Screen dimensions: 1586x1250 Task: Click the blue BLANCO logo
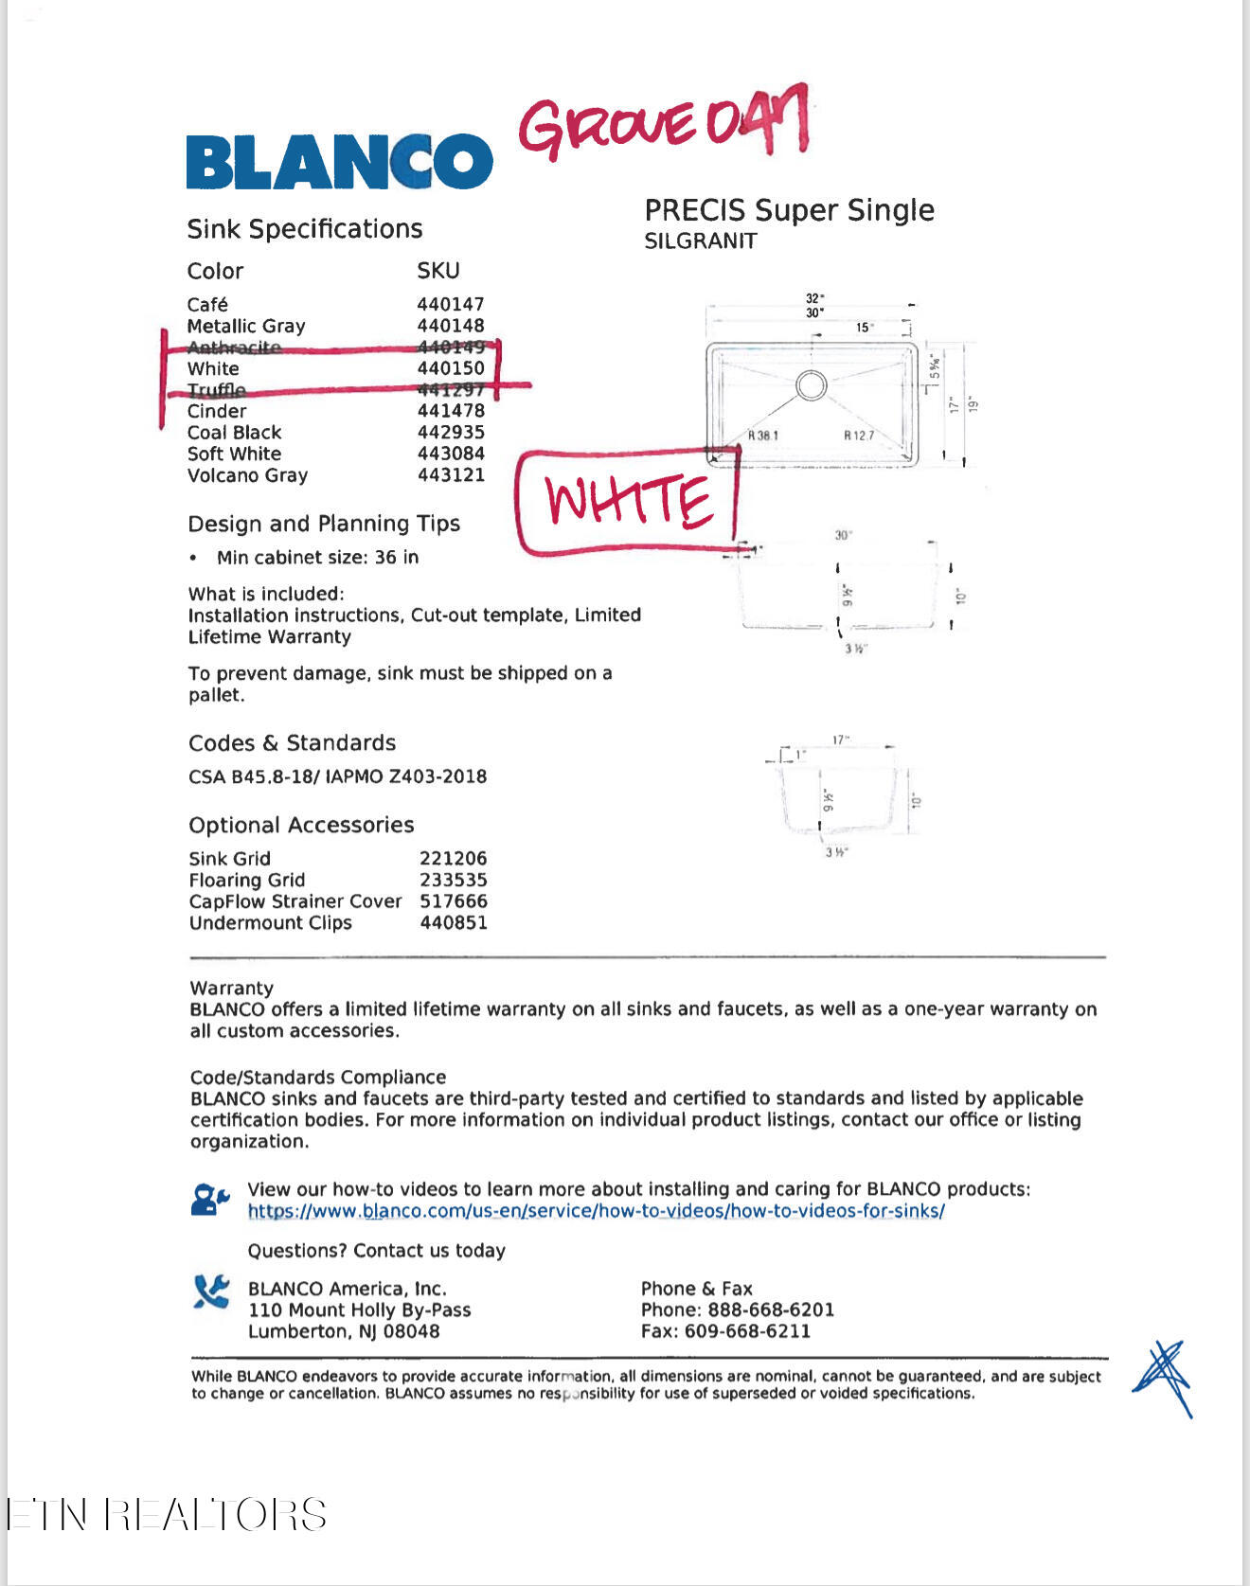(x=339, y=161)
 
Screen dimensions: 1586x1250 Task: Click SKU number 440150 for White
(x=451, y=368)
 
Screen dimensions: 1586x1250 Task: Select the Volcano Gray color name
(x=247, y=475)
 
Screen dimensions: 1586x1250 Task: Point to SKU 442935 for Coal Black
(x=451, y=433)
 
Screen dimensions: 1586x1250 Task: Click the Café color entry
(x=207, y=305)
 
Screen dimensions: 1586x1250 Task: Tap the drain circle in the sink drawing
(x=811, y=385)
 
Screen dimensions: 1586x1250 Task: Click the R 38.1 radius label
(x=762, y=436)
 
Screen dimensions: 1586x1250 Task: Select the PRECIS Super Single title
(x=789, y=210)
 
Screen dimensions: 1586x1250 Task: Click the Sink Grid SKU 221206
(x=453, y=859)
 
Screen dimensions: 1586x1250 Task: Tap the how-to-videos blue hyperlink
(x=596, y=1211)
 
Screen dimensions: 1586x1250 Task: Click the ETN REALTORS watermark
(x=167, y=1514)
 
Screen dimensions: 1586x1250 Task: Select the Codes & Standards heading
(x=292, y=743)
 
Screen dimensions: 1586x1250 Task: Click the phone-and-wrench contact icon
(x=211, y=1292)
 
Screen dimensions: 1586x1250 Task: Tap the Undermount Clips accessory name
(x=270, y=923)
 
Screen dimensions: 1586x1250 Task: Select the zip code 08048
(x=412, y=1331)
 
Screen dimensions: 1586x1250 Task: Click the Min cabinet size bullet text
(x=317, y=558)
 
